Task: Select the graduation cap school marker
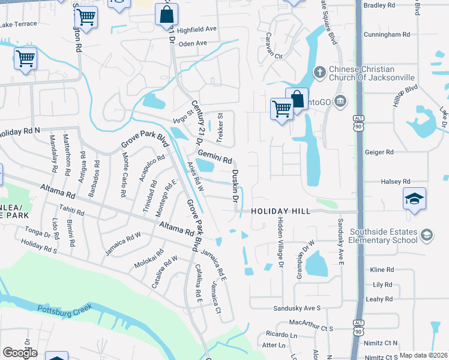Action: pyautogui.click(x=414, y=199)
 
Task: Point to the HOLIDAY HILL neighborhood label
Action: pyautogui.click(x=280, y=211)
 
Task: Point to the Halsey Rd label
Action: pyautogui.click(x=395, y=181)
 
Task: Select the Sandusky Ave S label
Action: pyautogui.click(x=297, y=308)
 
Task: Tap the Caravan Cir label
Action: pyautogui.click(x=270, y=56)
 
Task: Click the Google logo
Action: pyautogui.click(x=20, y=353)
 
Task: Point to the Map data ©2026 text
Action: pyautogui.click(x=423, y=355)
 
